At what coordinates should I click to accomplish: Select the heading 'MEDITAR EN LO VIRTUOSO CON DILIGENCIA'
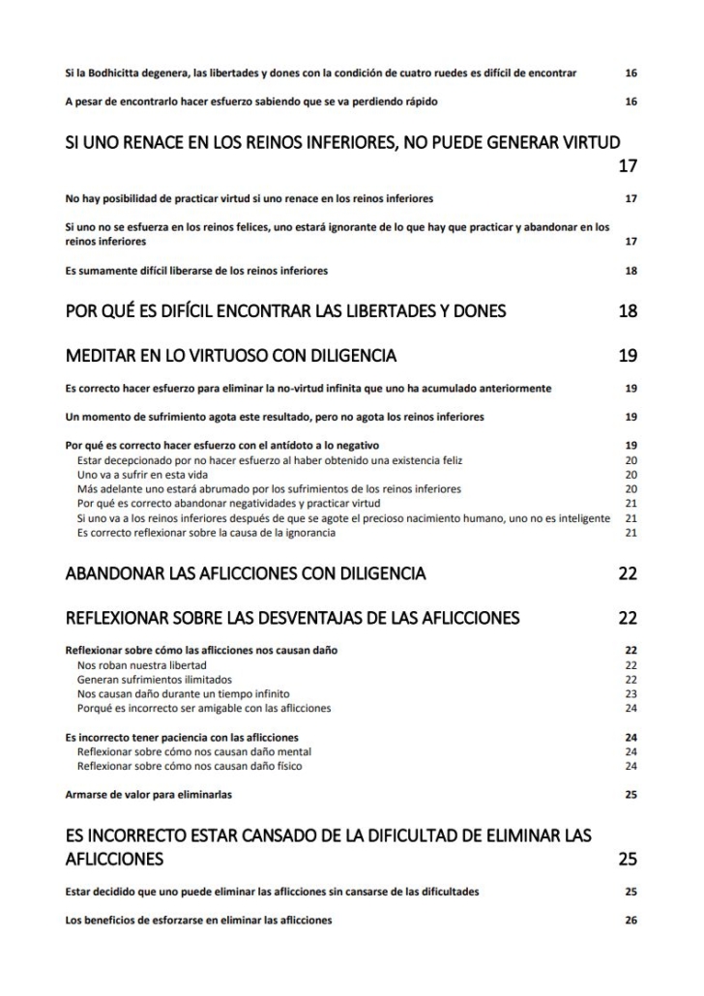tap(230, 356)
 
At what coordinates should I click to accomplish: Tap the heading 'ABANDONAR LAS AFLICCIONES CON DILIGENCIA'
tap(245, 573)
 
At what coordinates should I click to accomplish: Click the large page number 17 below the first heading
tap(628, 165)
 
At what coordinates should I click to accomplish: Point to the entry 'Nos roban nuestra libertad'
tap(141, 665)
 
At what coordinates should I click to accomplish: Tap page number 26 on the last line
tap(631, 920)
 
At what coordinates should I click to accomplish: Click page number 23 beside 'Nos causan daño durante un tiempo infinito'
tap(631, 694)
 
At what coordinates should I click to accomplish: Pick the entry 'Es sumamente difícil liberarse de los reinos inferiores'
tap(196, 271)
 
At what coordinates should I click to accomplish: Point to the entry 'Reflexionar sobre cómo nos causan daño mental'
tap(193, 751)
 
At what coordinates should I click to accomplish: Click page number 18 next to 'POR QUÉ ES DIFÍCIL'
tap(628, 310)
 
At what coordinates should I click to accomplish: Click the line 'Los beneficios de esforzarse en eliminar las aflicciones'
tap(198, 920)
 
